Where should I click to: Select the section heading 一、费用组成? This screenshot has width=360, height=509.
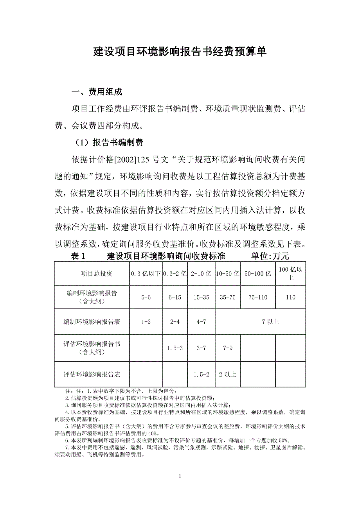click(97, 92)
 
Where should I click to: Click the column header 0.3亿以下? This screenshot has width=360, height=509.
click(146, 273)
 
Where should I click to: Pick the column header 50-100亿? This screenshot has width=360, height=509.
click(257, 273)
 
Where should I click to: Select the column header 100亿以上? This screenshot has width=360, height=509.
click(290, 273)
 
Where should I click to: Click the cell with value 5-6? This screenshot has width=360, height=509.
click(146, 297)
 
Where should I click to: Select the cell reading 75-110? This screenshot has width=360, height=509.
click(257, 297)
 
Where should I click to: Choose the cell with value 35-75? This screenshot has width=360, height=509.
click(227, 297)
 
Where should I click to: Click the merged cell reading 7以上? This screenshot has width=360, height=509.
click(271, 322)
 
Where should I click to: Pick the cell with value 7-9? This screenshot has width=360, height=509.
click(227, 348)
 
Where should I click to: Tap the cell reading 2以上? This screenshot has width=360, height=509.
click(227, 374)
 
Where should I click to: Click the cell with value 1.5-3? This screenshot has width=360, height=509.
click(175, 348)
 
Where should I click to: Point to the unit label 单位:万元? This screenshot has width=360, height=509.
click(270, 256)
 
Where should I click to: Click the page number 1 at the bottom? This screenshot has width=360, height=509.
click(180, 476)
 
